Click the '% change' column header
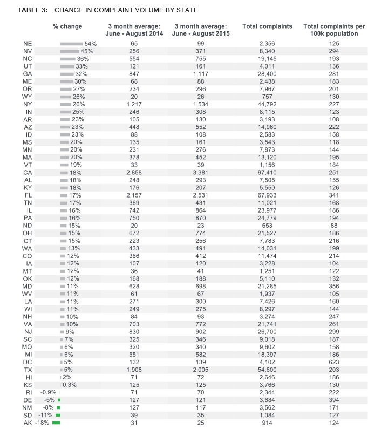[67, 26]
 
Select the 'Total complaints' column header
[267, 26]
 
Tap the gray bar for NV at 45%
[70, 51]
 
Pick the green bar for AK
[56, 423]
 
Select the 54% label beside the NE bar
[90, 43]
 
